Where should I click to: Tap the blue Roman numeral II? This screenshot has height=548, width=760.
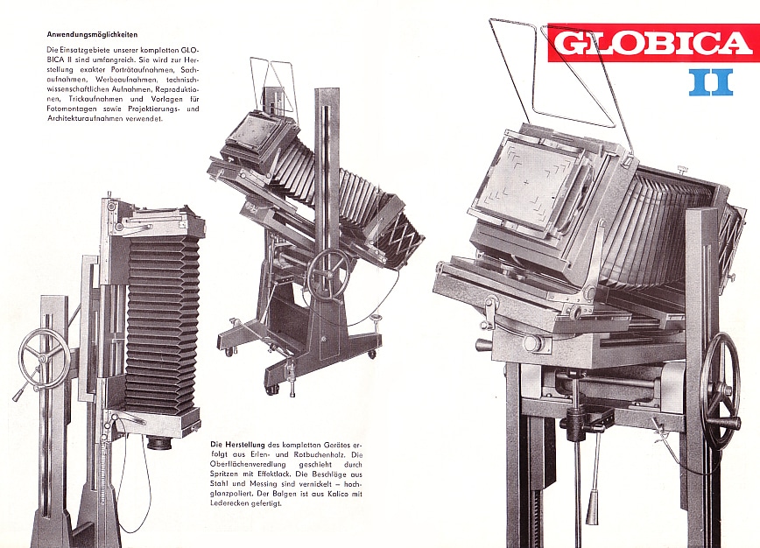(712, 81)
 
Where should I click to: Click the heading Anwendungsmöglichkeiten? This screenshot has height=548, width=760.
(92, 35)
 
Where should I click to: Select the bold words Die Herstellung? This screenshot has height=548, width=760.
(237, 445)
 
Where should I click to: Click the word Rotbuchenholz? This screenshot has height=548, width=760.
(317, 454)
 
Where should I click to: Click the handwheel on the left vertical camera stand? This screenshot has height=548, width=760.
(44, 357)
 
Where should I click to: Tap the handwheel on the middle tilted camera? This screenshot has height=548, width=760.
(329, 269)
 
